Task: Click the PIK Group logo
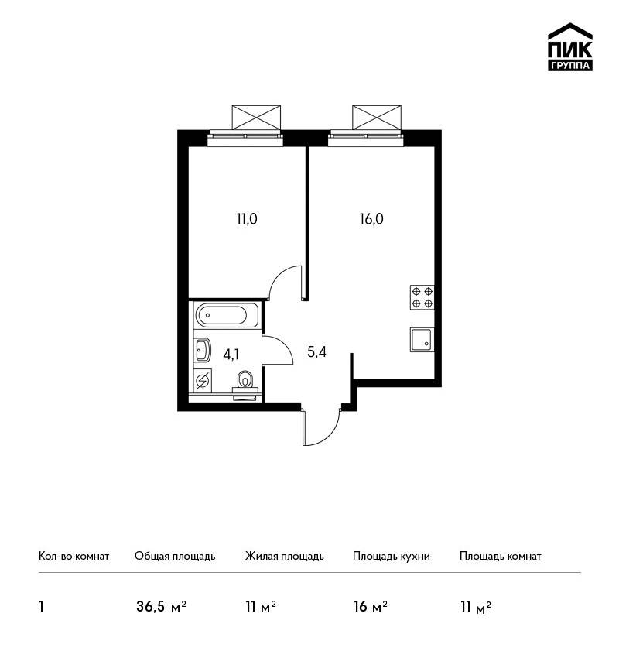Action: tap(570, 47)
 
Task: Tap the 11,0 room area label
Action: tap(247, 218)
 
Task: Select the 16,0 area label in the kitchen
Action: tap(371, 218)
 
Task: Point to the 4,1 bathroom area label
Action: tap(231, 355)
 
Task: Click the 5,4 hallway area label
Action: tap(316, 351)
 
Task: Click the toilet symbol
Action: tap(244, 380)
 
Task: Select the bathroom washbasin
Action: tap(202, 350)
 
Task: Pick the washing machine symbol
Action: tap(203, 380)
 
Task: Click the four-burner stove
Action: tap(422, 297)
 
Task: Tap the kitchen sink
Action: tap(422, 340)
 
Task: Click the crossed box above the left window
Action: tap(256, 118)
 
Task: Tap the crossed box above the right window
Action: tap(377, 118)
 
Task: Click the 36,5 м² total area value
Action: tap(161, 607)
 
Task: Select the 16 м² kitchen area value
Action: tap(371, 607)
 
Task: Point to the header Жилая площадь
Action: tap(284, 557)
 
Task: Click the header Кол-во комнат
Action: tap(74, 557)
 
